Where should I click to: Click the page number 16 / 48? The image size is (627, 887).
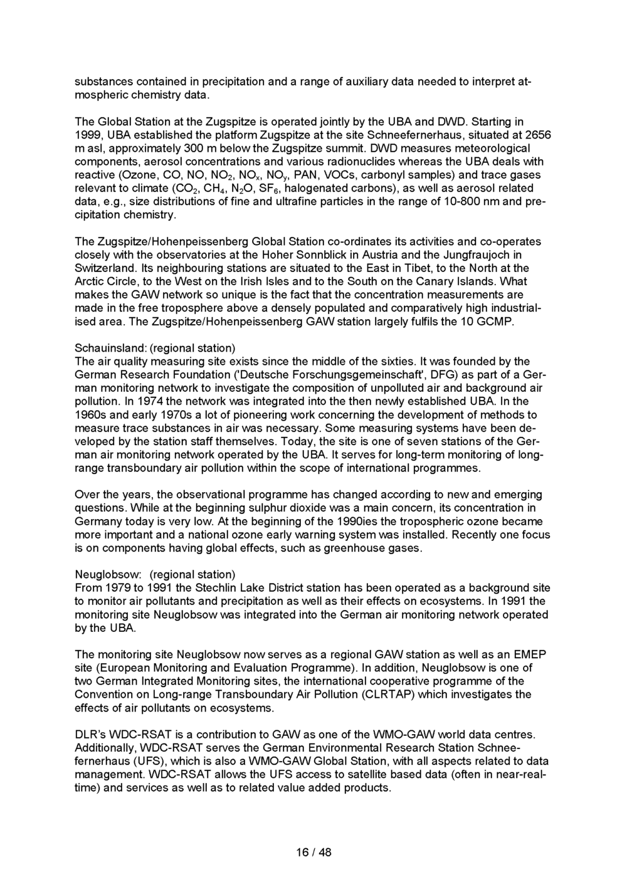[x=313, y=852]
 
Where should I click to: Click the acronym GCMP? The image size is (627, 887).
[x=497, y=322]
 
